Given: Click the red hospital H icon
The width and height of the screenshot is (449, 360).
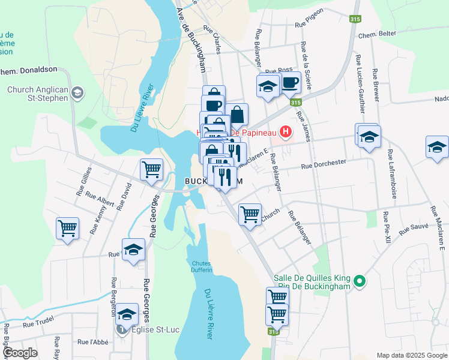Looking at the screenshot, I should pos(286,131).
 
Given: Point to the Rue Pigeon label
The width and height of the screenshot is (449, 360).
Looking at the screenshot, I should pos(310,25).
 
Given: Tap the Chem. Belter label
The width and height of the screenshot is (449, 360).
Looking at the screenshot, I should pos(377,34).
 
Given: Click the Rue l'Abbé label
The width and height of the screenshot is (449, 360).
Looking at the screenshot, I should pos(91,342).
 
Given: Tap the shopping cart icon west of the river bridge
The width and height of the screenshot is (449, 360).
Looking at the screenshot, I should pos(152,170).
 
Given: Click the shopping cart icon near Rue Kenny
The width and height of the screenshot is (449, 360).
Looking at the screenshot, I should pos(68,228).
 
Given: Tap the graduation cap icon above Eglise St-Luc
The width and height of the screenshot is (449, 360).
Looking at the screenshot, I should pos(127,314).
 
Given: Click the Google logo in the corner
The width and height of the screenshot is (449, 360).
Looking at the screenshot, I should pos(20,353).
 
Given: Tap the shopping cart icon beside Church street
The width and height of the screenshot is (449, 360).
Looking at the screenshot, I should pos(250,214).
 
